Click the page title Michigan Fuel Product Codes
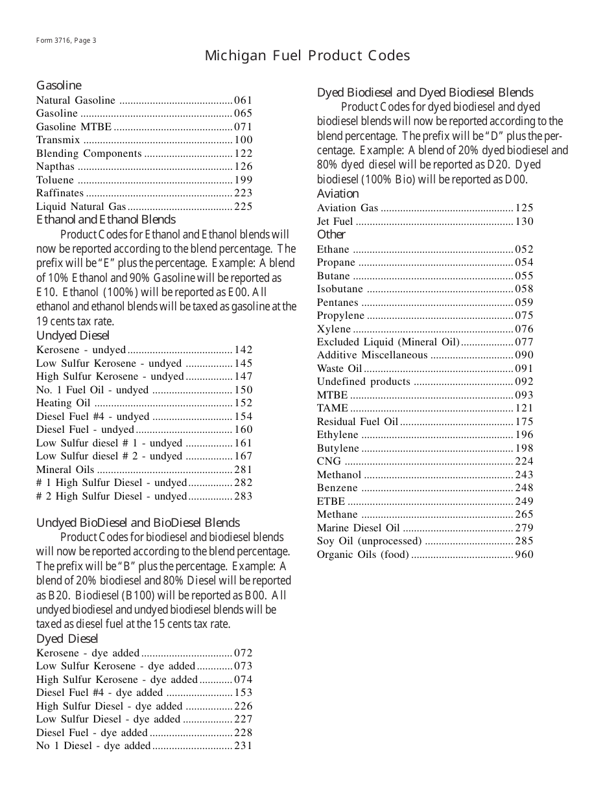[x=307, y=56]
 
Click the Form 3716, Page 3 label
[x=66, y=40]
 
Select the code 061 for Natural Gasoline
[x=243, y=100]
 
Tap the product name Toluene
[x=55, y=180]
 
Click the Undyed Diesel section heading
[x=73, y=336]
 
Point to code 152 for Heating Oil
[x=243, y=403]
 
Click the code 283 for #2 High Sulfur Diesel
[x=243, y=496]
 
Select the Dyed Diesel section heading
[x=67, y=639]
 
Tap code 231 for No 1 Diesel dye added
[x=243, y=746]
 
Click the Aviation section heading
[x=337, y=194]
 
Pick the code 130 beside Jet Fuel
[x=524, y=222]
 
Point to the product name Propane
[x=336, y=262]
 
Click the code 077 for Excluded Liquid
[x=524, y=342]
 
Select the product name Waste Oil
[x=339, y=369]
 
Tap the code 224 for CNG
[x=524, y=461]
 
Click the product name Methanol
[x=338, y=475]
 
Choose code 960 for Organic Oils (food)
[x=524, y=555]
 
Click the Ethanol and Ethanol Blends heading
[x=106, y=220]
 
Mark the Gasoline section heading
[x=59, y=86]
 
